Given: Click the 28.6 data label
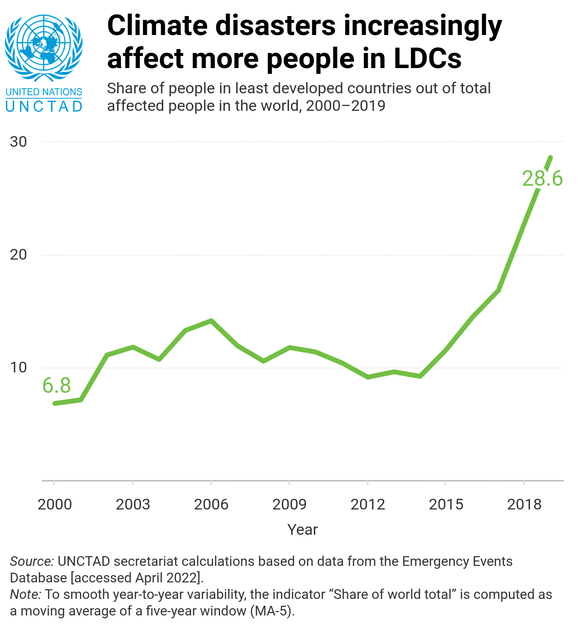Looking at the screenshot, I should pos(542,179).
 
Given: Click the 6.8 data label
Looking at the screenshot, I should pos(56,386).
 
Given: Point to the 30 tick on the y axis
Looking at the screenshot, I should pos(18,141).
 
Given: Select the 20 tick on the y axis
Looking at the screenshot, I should pos(18,255).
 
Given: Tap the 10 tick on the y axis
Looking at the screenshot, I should pos(18,368).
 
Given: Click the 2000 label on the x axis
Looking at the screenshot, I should pos(54,504).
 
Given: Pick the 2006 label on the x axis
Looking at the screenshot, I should pos(211,504).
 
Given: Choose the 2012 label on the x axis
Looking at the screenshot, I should pos(368,504).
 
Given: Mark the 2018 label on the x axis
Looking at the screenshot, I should pos(524,504).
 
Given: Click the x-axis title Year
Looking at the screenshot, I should pos(302,529).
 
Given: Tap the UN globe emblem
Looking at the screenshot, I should pos(44,48).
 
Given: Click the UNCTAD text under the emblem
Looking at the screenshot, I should pos(44,106).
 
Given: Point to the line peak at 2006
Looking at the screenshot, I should pos(211,321).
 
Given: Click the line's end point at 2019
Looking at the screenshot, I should pos(550,157).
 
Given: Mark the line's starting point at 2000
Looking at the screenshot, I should pos(54,404).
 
